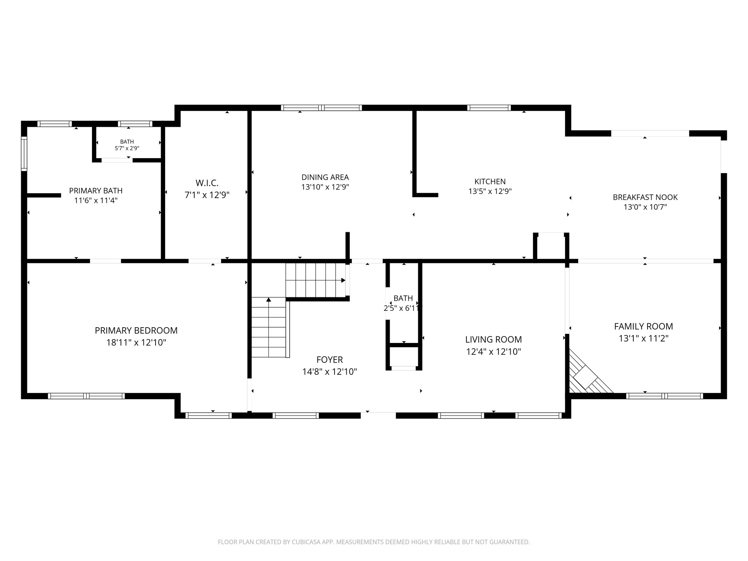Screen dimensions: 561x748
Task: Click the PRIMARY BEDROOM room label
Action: pyautogui.click(x=136, y=331)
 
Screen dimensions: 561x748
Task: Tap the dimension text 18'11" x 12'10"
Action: pyautogui.click(x=136, y=343)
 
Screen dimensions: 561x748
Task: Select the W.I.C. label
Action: pyautogui.click(x=207, y=183)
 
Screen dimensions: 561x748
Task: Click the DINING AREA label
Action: pyautogui.click(x=325, y=178)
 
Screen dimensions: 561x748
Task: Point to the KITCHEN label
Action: pyautogui.click(x=490, y=182)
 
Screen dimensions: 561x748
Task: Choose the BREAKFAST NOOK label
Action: pyautogui.click(x=645, y=197)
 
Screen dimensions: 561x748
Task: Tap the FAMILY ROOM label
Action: pyautogui.click(x=643, y=327)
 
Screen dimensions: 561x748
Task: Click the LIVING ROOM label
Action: pyautogui.click(x=493, y=340)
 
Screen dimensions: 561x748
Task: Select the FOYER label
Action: pyautogui.click(x=329, y=360)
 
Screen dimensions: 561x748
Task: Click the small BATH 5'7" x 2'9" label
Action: pyautogui.click(x=127, y=145)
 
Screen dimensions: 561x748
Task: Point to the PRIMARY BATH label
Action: pyautogui.click(x=96, y=191)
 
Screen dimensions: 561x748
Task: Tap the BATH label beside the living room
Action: pyautogui.click(x=403, y=298)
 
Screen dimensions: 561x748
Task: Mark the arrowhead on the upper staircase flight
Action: pyautogui.click(x=343, y=280)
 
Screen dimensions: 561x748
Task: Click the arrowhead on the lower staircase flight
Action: pyautogui.click(x=268, y=300)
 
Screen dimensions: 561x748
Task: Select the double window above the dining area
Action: pyautogui.click(x=321, y=108)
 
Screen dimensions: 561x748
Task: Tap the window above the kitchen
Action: pyautogui.click(x=489, y=108)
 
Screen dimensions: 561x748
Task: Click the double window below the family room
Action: pyautogui.click(x=664, y=396)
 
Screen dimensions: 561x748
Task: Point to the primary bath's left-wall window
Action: pyautogui.click(x=24, y=153)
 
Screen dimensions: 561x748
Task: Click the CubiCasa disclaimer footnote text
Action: pyautogui.click(x=374, y=542)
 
